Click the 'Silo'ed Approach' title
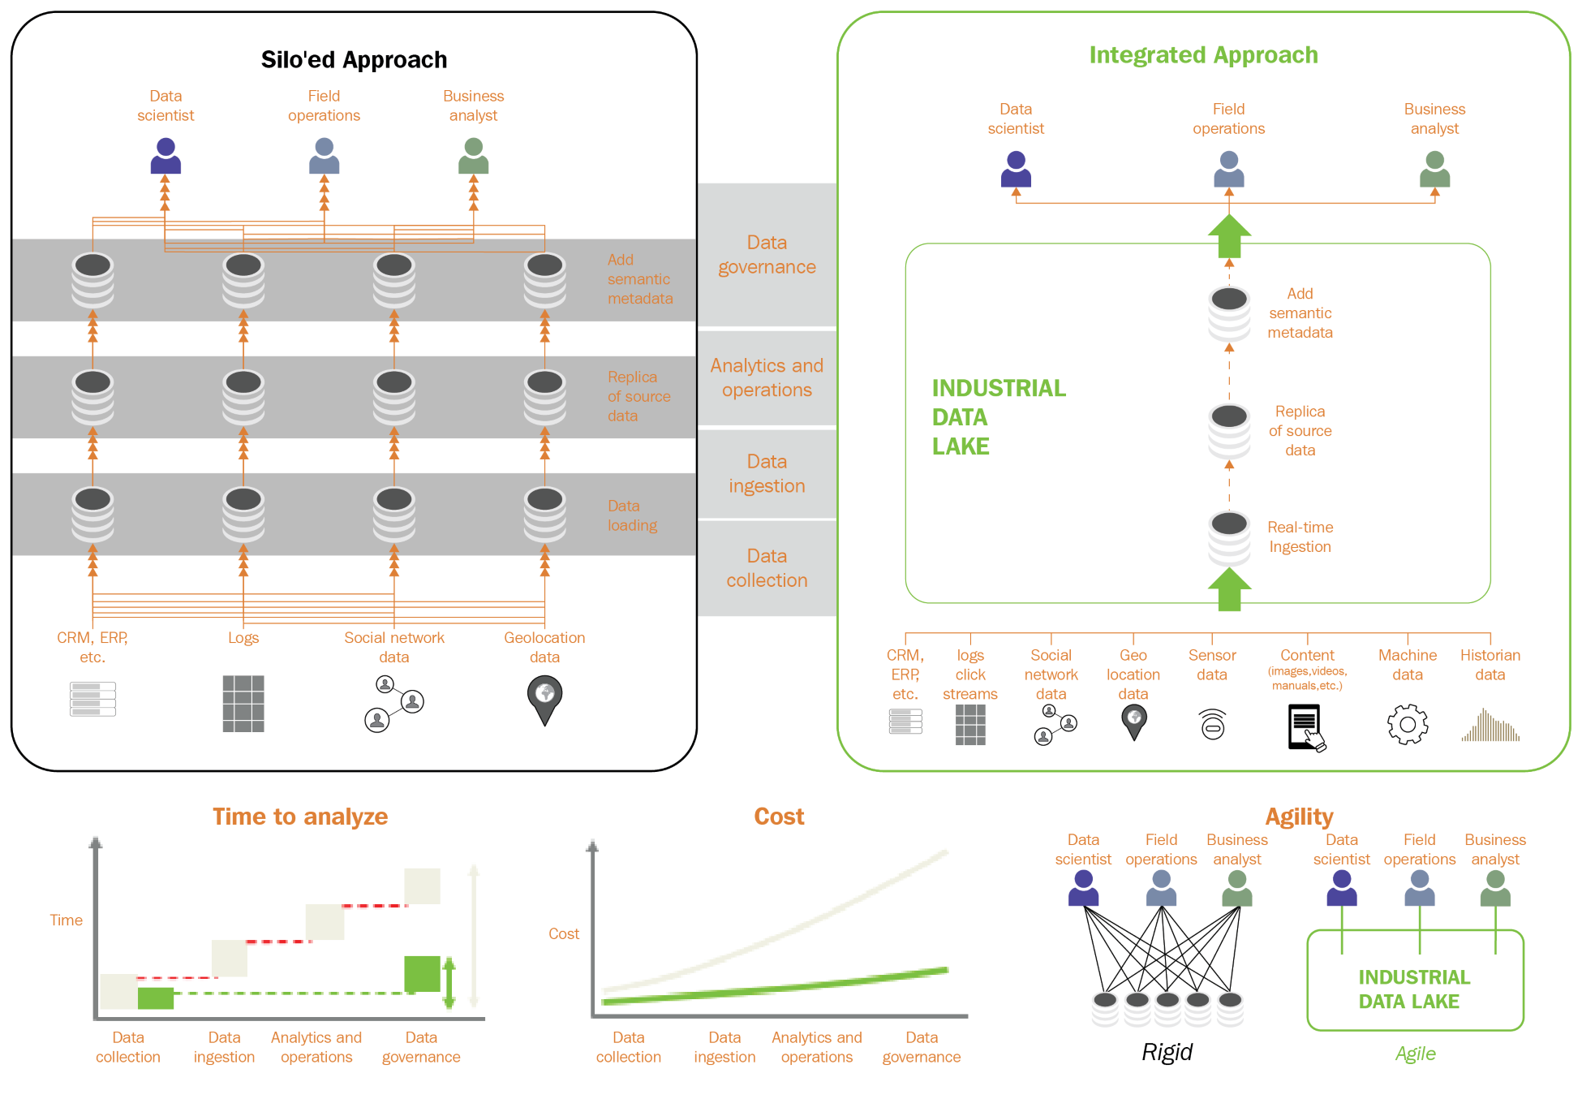pyautogui.click(x=354, y=60)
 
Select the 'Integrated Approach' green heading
pyautogui.click(x=1203, y=55)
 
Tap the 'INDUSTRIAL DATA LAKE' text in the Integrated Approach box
pyautogui.click(x=999, y=417)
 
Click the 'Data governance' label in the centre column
pyautogui.click(x=767, y=255)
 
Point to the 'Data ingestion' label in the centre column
pyautogui.click(x=767, y=474)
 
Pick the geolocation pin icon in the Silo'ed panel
pyautogui.click(x=544, y=699)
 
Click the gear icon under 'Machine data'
pyautogui.click(x=1408, y=724)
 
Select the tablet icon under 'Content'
pyautogui.click(x=1305, y=727)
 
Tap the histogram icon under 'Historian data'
pyautogui.click(x=1490, y=726)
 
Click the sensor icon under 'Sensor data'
pyautogui.click(x=1212, y=725)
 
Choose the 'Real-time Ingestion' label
pyautogui.click(x=1300, y=537)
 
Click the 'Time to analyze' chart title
pyautogui.click(x=300, y=817)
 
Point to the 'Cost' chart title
pyautogui.click(x=779, y=817)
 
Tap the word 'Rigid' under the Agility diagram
pyautogui.click(x=1167, y=1052)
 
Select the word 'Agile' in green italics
pyautogui.click(x=1415, y=1054)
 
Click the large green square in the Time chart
pyautogui.click(x=422, y=973)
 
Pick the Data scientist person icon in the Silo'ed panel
pyautogui.click(x=166, y=156)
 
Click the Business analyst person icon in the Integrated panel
pyautogui.click(x=1434, y=169)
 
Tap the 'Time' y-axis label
pyautogui.click(x=66, y=920)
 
